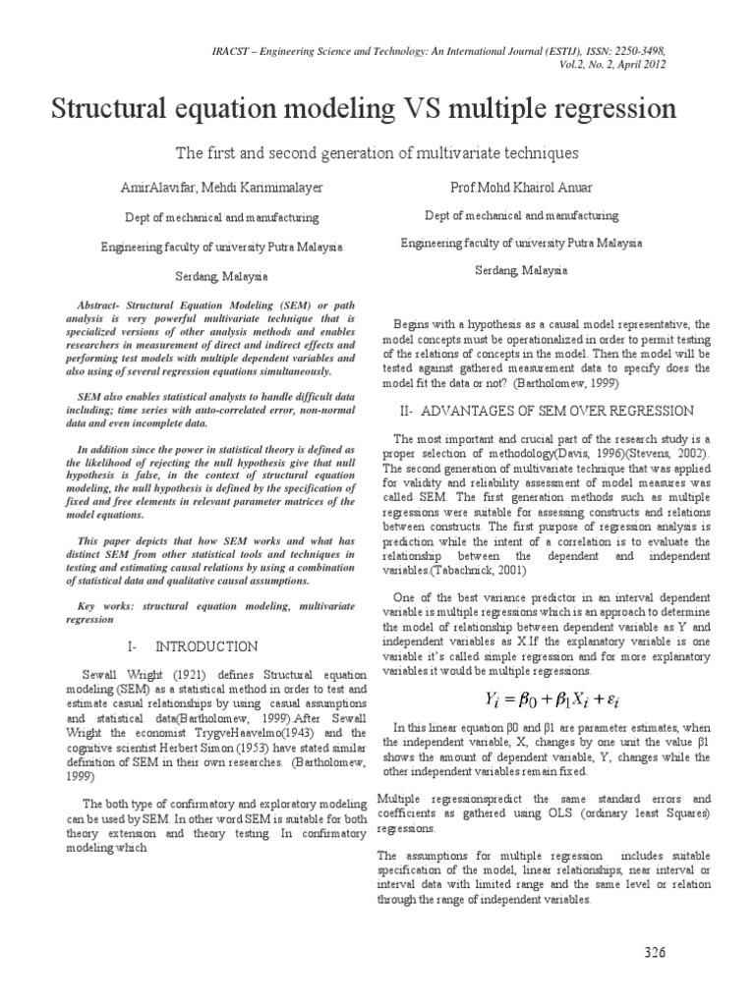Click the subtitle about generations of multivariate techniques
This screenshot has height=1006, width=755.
[377, 153]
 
